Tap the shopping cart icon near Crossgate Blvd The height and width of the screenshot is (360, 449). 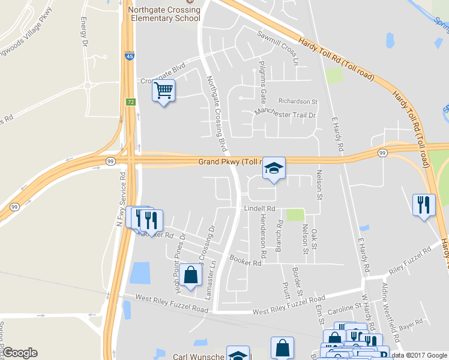point(163,91)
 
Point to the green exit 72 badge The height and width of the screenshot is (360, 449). point(130,103)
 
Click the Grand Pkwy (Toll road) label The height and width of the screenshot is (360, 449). point(232,162)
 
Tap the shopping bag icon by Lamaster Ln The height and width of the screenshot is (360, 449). point(191,275)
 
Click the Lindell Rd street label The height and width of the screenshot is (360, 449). point(259,209)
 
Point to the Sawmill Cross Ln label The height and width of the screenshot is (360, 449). point(277,48)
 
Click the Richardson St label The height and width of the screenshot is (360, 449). point(298,101)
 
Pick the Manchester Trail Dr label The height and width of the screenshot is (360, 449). point(285,112)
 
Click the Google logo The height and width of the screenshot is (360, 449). point(20,353)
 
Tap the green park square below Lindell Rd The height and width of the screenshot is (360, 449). point(295,215)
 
